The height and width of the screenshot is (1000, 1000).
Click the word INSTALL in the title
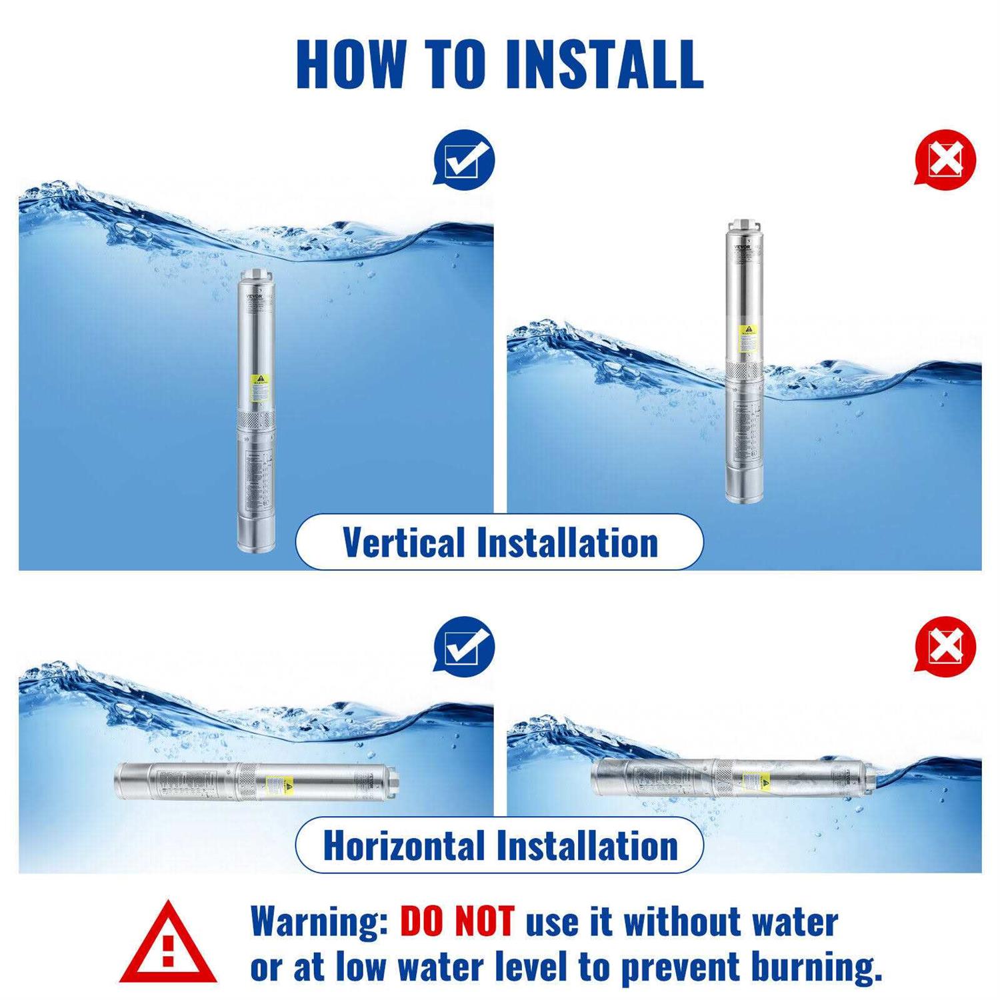point(604,64)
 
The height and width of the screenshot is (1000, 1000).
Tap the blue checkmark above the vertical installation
point(464,160)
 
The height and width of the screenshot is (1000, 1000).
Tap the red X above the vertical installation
point(945,160)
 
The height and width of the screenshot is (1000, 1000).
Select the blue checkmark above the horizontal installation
point(464,647)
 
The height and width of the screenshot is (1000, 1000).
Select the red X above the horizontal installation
point(945,647)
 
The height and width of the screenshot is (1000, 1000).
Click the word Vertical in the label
point(404,542)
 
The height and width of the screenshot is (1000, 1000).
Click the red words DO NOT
point(457,922)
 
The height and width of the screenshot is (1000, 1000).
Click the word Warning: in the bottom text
point(319,922)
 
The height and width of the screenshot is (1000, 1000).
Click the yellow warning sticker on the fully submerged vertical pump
point(259,387)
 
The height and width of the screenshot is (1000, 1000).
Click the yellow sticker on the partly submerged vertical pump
point(747,339)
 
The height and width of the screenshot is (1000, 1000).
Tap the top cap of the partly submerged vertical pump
point(745,226)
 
